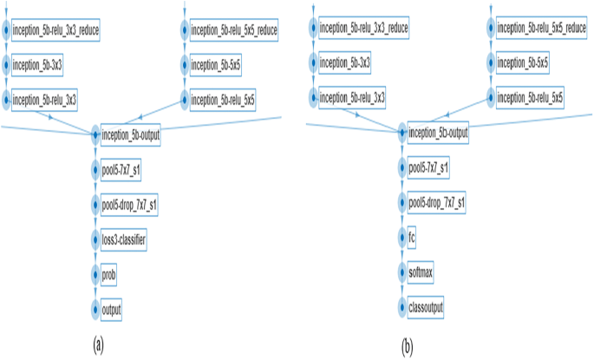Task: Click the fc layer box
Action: pos(413,236)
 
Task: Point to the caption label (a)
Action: pos(99,345)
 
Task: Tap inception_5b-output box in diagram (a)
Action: pos(131,134)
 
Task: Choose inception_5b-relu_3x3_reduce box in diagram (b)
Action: pos(363,29)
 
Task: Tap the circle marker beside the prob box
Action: pos(95,273)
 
